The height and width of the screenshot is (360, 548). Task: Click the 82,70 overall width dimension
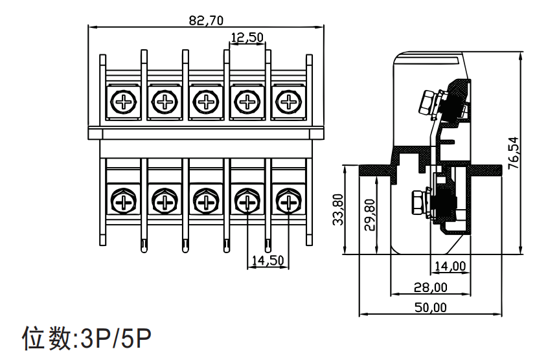pos(206,21)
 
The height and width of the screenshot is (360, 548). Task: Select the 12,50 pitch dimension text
pos(247,37)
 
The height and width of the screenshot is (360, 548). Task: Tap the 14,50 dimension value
pos(268,260)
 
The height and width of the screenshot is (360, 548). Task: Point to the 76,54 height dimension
pos(514,153)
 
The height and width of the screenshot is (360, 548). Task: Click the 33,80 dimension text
pos(338,210)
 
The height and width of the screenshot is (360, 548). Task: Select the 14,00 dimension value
pos(450,266)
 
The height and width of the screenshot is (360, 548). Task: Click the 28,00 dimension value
pos(431,287)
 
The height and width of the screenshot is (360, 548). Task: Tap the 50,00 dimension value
pos(431,308)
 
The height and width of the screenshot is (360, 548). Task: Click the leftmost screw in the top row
pos(123,102)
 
